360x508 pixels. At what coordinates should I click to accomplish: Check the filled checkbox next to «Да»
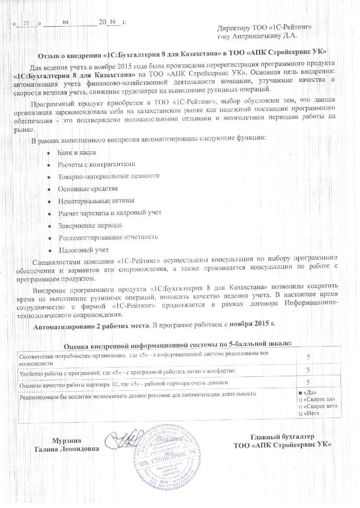300,393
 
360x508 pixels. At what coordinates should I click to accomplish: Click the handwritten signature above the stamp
123,439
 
